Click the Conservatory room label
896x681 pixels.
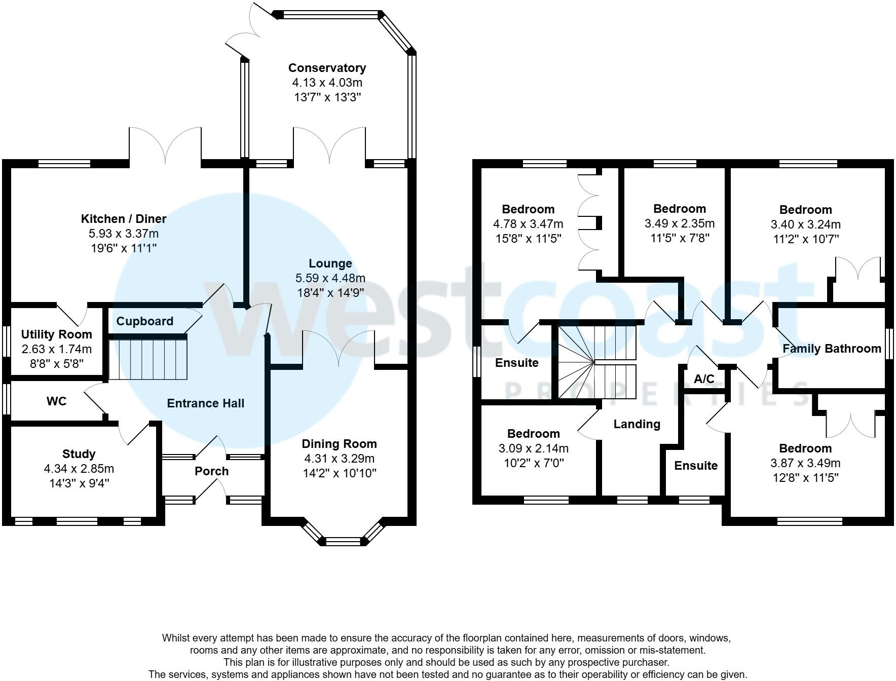(327, 68)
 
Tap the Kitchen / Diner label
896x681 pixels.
(124, 219)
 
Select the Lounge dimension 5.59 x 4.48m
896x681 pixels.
(330, 278)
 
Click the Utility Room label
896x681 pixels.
(57, 334)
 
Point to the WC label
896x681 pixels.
(56, 401)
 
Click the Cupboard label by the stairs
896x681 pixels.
(145, 321)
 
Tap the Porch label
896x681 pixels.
(212, 471)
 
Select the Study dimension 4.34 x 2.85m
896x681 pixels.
(79, 469)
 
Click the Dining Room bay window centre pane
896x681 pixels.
(343, 542)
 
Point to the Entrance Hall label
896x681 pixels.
(206, 403)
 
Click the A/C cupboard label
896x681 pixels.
(704, 379)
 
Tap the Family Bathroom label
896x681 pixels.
(832, 349)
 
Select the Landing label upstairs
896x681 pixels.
(637, 424)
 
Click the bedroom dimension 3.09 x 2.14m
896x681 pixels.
(533, 448)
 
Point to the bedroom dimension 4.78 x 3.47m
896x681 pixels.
(528, 224)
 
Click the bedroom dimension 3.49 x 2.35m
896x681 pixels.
(680, 223)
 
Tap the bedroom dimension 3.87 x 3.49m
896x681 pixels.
(805, 463)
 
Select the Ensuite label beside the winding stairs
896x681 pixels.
(516, 363)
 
